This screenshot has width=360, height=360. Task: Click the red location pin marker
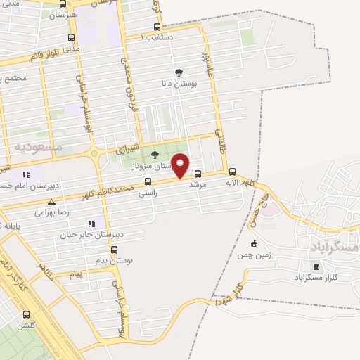(x=181, y=165)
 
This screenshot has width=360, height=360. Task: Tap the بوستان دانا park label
(x=179, y=83)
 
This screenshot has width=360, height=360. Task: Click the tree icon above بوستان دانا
(x=179, y=72)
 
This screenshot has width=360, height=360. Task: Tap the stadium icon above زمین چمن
(x=254, y=244)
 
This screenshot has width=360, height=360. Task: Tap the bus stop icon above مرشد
(x=198, y=174)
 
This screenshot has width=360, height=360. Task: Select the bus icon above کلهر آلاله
(x=232, y=172)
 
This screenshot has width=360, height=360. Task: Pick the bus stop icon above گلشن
(x=27, y=314)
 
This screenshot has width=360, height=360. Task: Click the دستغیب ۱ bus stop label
(x=157, y=37)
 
